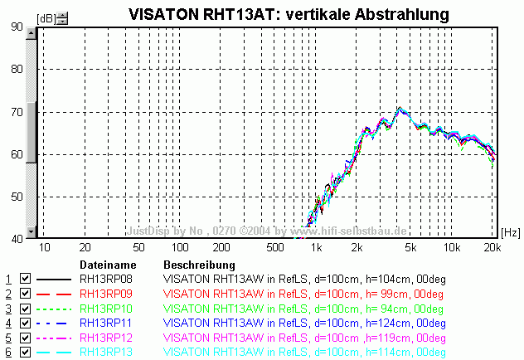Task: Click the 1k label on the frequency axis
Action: (x=315, y=247)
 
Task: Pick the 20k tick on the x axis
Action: (x=492, y=247)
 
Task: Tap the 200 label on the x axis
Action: (x=221, y=247)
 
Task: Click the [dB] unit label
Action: (x=46, y=17)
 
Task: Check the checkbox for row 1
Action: (x=25, y=280)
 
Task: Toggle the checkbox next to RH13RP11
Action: (x=25, y=322)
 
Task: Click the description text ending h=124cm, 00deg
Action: (x=305, y=322)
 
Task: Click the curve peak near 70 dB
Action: (x=400, y=109)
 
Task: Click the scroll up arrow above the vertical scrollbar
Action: (x=32, y=34)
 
